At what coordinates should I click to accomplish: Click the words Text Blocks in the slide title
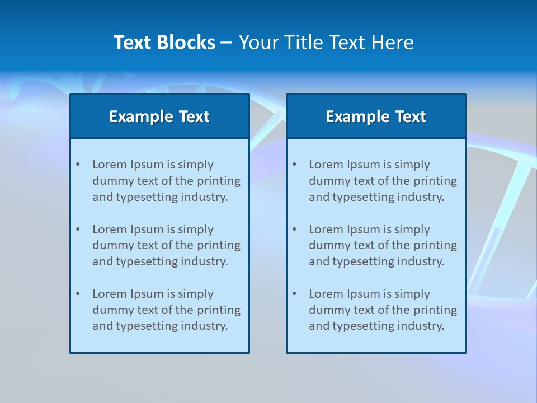[x=164, y=43]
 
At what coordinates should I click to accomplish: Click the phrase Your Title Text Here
[x=326, y=43]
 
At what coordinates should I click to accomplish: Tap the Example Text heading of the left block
[x=159, y=116]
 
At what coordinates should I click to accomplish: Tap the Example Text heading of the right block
[x=376, y=116]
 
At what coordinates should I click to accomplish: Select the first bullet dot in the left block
[x=78, y=165]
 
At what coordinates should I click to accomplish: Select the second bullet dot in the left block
[x=78, y=229]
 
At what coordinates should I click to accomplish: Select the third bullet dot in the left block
[x=78, y=294]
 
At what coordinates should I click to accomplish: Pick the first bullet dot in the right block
[x=294, y=165]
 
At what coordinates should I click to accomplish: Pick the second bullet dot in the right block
[x=294, y=229]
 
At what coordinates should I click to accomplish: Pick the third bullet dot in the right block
[x=294, y=294]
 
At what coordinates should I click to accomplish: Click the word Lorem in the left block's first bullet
[x=110, y=165]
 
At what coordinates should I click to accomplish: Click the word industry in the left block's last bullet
[x=205, y=326]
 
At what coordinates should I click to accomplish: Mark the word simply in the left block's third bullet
[x=196, y=294]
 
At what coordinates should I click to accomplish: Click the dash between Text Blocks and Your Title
[x=227, y=43]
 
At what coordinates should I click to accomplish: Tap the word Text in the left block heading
[x=194, y=116]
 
